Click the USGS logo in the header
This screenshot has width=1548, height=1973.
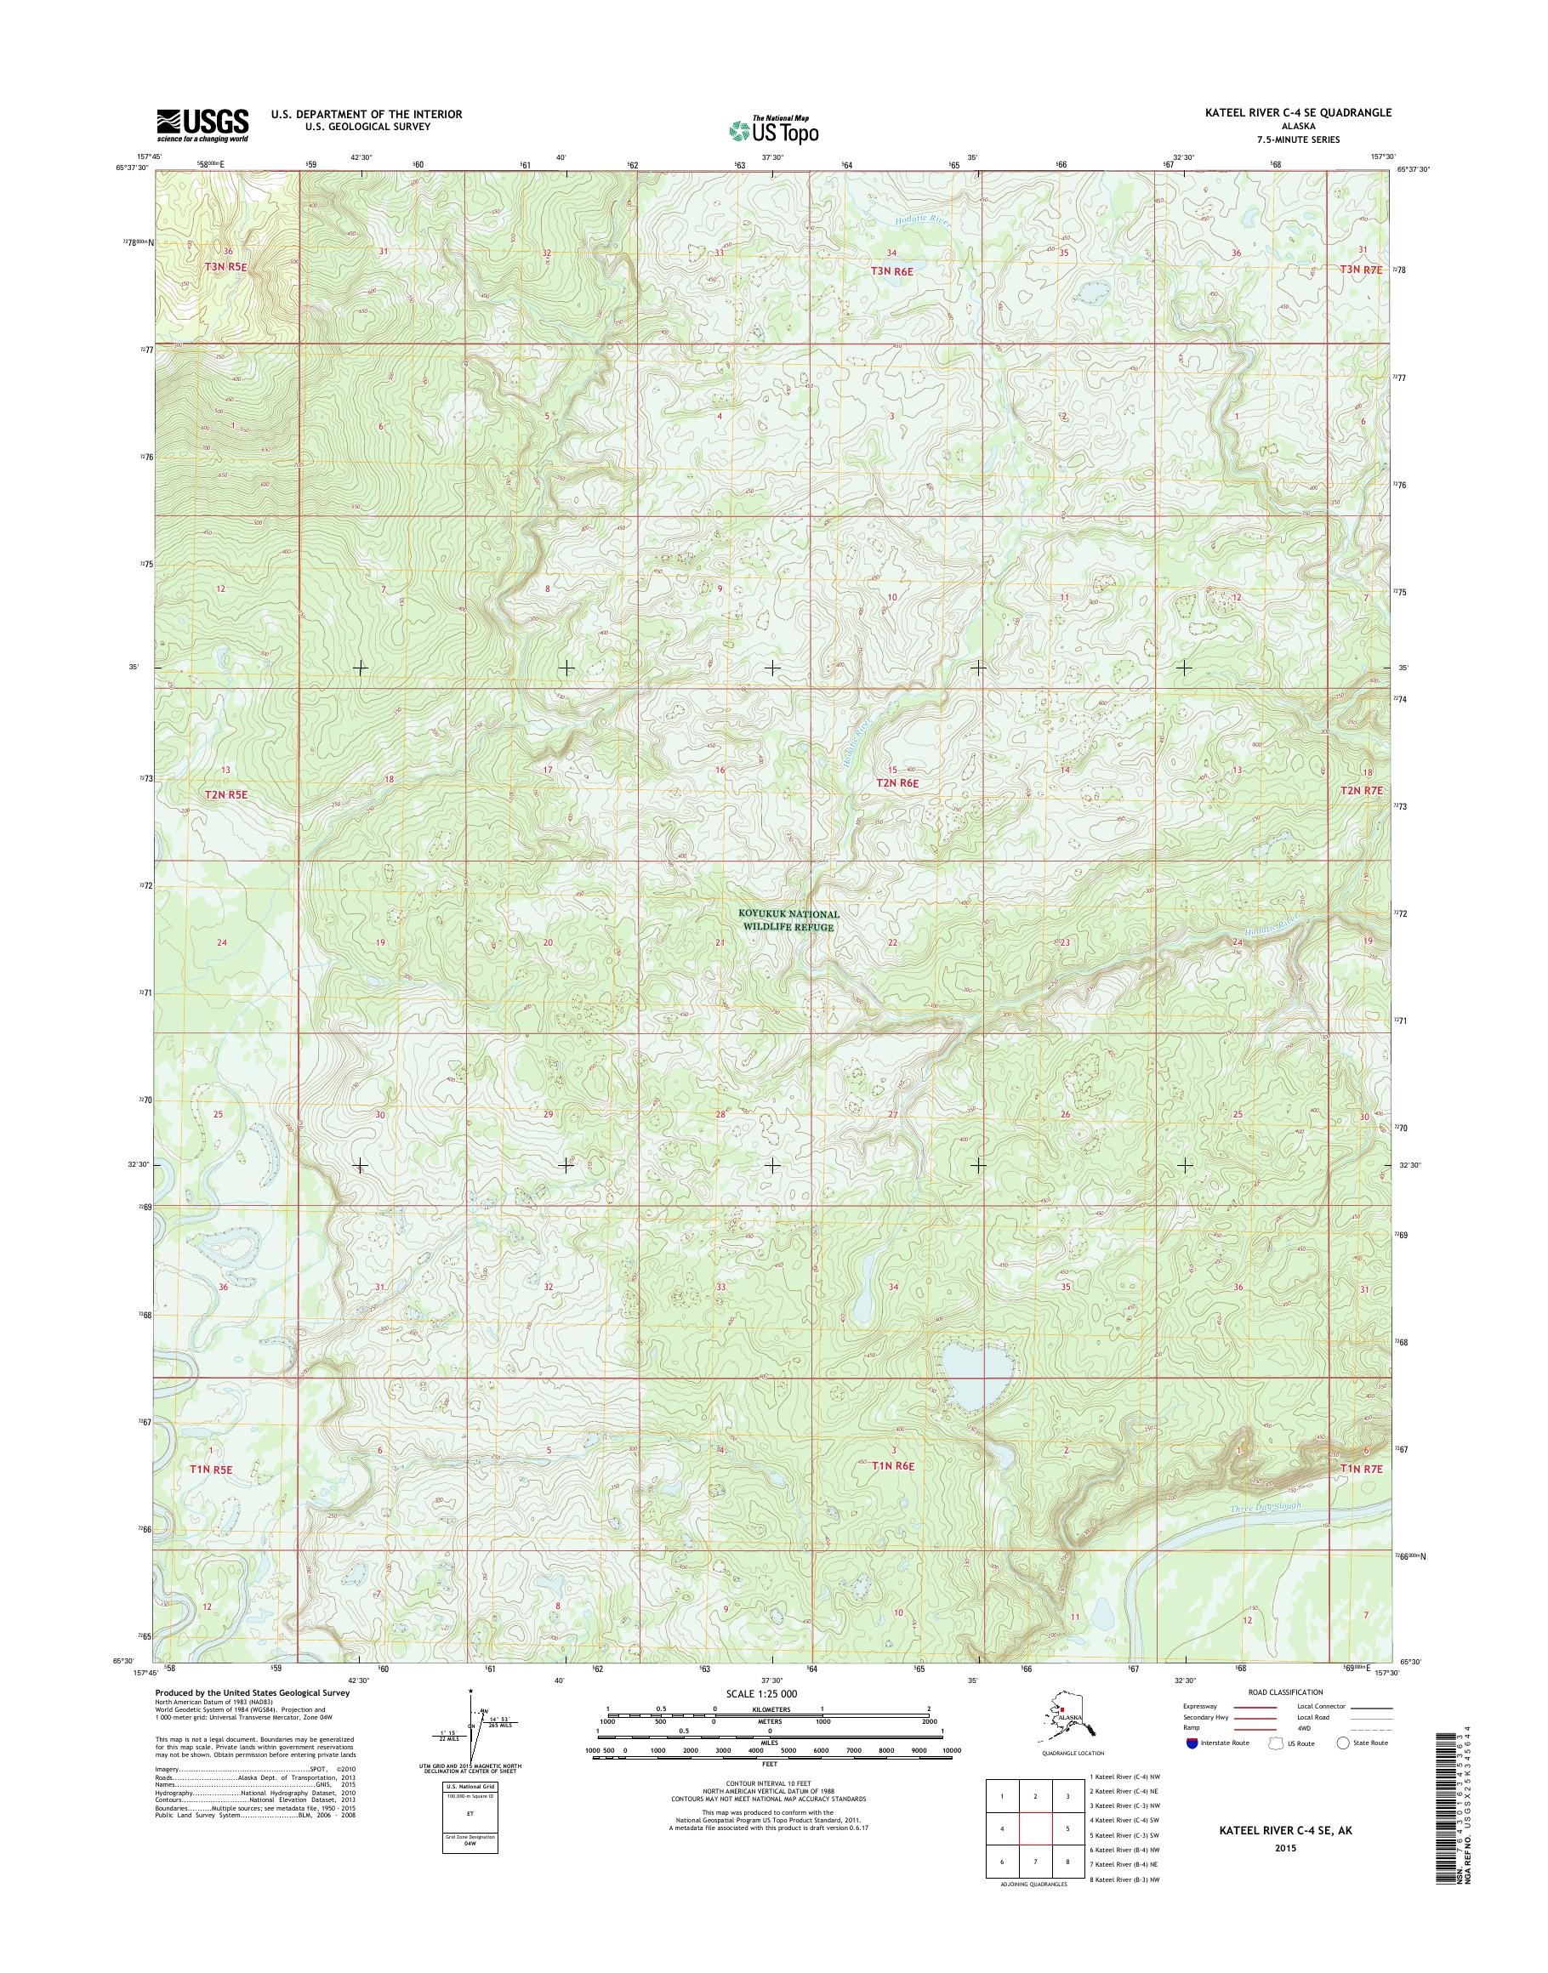point(202,125)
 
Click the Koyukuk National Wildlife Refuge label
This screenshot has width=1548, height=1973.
point(788,921)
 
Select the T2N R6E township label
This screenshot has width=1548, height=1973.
point(896,783)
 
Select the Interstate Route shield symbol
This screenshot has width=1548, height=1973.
point(1191,1743)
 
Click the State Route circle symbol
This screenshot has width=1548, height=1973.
point(1342,1743)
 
